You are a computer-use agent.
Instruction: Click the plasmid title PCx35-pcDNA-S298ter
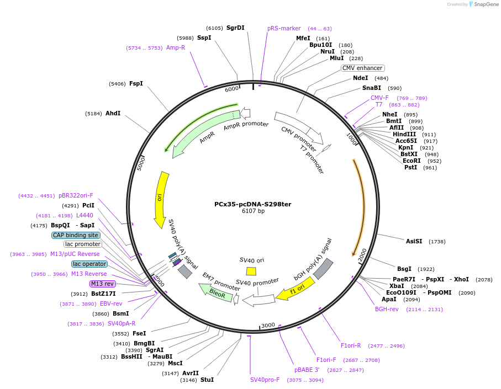pyautogui.click(x=252, y=204)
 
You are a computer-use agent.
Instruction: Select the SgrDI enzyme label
pyautogui.click(x=235, y=28)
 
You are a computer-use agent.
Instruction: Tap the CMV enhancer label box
pyautogui.click(x=362, y=68)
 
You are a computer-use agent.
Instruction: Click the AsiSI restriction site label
pyautogui.click(x=414, y=241)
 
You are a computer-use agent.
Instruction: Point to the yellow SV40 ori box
pyautogui.click(x=251, y=271)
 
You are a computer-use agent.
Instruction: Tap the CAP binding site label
pyautogui.click(x=76, y=235)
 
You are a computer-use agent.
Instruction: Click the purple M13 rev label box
pyautogui.click(x=102, y=284)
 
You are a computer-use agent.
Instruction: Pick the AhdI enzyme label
pyautogui.click(x=113, y=113)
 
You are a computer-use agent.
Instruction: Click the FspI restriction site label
pyautogui.click(x=136, y=84)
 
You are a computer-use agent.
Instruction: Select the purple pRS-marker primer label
pyautogui.click(x=284, y=28)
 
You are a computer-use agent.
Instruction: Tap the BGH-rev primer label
pyautogui.click(x=387, y=309)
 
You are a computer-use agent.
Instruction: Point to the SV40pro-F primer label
pyautogui.click(x=265, y=380)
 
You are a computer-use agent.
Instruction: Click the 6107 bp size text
pyautogui.click(x=253, y=211)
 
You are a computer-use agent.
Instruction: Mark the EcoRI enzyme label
pyautogui.click(x=412, y=161)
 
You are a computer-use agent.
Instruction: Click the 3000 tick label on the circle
pyautogui.click(x=268, y=326)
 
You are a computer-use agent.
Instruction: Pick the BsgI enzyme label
pyautogui.click(x=404, y=269)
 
